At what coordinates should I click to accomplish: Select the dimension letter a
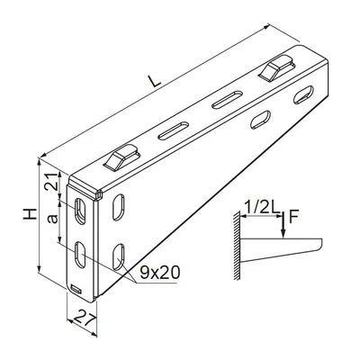(x=52, y=218)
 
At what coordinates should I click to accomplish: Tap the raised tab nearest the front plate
(x=121, y=158)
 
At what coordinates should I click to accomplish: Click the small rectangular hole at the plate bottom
(x=76, y=290)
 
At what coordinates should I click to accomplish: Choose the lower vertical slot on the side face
(x=118, y=256)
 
